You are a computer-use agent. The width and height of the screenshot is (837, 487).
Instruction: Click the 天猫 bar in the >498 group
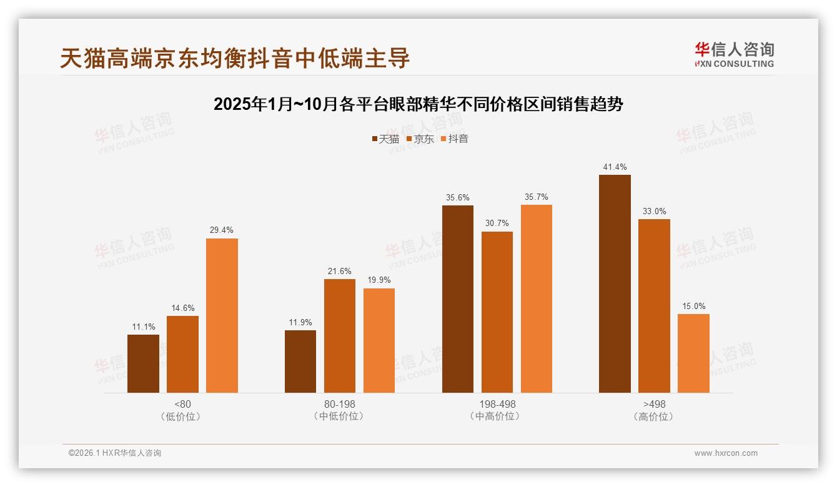[615, 284]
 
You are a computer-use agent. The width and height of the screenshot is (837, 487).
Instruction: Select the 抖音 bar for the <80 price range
[222, 315]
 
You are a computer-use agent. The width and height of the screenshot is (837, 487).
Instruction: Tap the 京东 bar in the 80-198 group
[339, 336]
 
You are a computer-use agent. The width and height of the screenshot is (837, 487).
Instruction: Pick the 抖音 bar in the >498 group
[693, 353]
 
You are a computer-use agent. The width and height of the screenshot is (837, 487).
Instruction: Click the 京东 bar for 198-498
[497, 312]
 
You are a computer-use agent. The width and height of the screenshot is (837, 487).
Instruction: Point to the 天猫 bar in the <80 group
[143, 363]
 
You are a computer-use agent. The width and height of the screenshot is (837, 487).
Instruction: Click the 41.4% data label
[615, 167]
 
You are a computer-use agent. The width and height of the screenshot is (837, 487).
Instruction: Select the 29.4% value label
[222, 230]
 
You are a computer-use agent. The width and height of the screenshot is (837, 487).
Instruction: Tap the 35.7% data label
[536, 197]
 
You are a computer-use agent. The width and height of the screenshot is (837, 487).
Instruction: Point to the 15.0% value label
[693, 307]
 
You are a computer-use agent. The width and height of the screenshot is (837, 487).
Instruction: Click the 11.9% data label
[300, 323]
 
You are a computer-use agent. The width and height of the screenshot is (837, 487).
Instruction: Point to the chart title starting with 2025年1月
[418, 104]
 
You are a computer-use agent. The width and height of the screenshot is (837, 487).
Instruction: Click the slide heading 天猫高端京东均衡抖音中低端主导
[235, 58]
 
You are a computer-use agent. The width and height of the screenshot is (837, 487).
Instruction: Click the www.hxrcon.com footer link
[725, 453]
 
